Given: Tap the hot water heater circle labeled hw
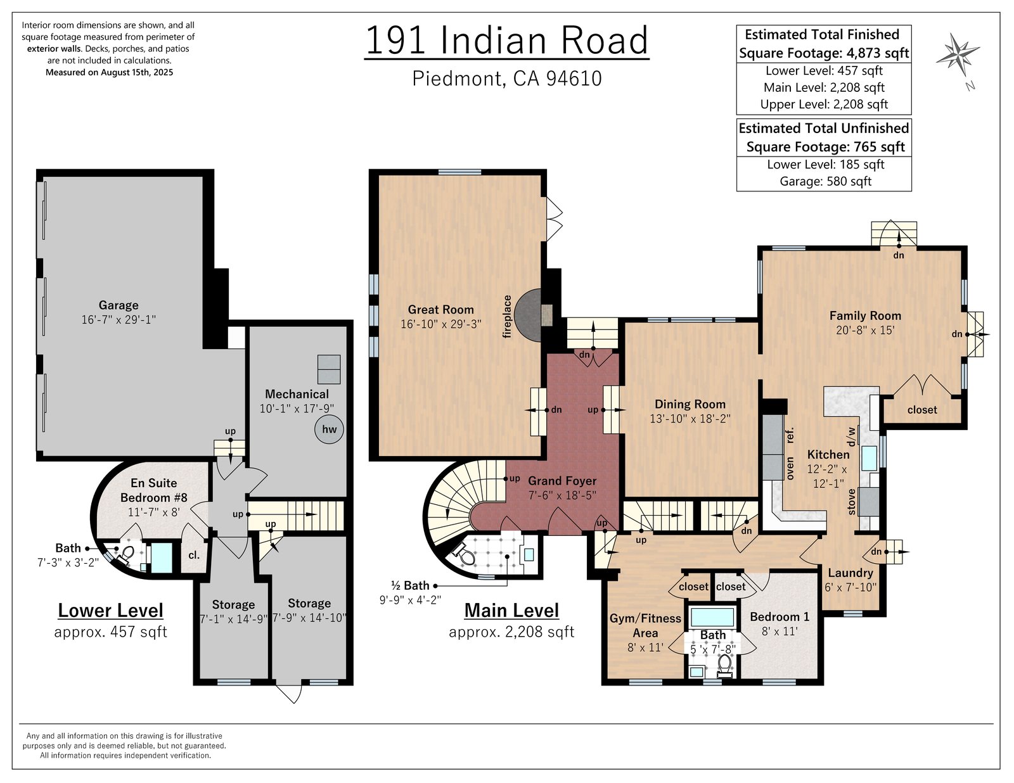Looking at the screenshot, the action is tap(329, 429).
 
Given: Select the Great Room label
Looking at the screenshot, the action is tap(440, 310).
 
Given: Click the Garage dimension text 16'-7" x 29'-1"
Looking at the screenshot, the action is tap(119, 320).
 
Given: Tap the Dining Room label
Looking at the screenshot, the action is tap(690, 404).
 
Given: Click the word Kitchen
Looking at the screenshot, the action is tap(828, 455).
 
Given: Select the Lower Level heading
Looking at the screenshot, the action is tap(111, 611).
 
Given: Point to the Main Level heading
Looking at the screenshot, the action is tap(511, 611).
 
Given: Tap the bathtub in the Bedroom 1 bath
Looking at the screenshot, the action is tap(712, 617).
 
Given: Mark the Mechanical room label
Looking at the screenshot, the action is tap(297, 394).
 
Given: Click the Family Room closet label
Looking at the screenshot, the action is tap(922, 410).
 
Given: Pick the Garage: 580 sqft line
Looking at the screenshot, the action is tap(826, 181).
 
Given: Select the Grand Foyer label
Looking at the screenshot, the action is tap(562, 481).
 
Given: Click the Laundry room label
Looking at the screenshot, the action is tap(850, 573).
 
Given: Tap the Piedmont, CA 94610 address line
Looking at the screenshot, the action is tap(507, 79).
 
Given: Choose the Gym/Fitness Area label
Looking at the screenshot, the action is tap(645, 626).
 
